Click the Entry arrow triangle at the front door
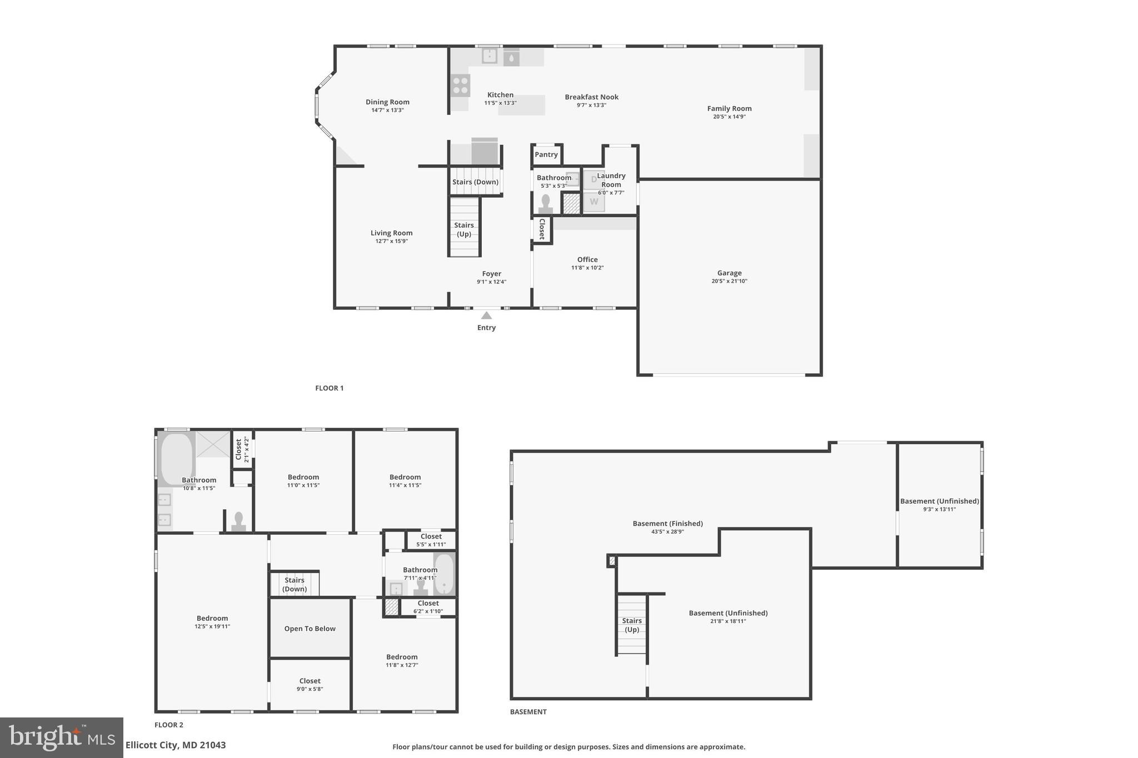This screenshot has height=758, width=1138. tap(486, 315)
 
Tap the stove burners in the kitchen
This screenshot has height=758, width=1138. tap(460, 86)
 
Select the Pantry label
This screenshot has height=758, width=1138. tap(546, 154)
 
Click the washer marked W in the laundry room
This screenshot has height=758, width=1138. tap(594, 202)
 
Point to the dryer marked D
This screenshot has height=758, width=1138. tap(593, 179)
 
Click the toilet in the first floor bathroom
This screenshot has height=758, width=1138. tap(545, 204)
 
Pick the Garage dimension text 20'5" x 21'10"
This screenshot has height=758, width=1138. tap(729, 281)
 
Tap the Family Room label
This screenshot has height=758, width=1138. tap(729, 108)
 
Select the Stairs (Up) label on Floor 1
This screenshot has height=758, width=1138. tap(464, 229)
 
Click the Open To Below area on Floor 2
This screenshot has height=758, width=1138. tap(310, 629)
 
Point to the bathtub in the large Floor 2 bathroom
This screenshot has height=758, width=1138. tap(177, 459)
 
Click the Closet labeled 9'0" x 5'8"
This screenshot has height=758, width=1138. tap(310, 685)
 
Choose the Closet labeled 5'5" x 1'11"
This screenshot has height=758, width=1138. tap(431, 540)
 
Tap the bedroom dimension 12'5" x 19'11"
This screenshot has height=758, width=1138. tap(212, 626)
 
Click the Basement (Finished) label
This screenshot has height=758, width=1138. tap(667, 523)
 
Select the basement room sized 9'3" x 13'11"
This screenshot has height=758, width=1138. tap(939, 505)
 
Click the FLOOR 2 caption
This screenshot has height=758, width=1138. tap(168, 725)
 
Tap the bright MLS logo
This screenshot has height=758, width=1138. tap(61, 737)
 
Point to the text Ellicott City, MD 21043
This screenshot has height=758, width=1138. tap(176, 745)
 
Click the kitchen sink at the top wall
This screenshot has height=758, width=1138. tap(489, 56)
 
